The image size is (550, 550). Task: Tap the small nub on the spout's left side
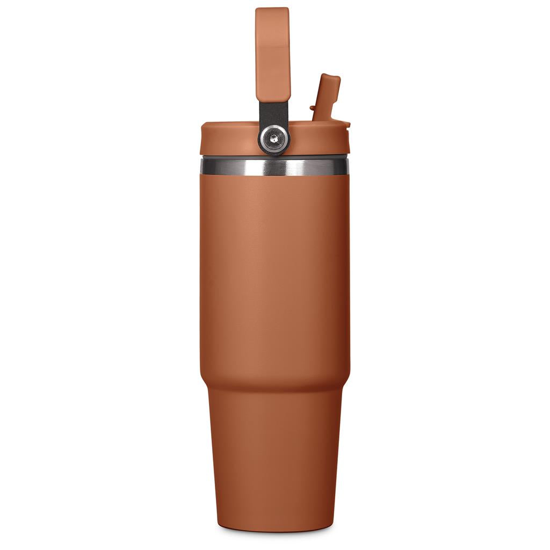(x=313, y=109)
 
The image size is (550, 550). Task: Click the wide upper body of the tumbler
(x=274, y=269)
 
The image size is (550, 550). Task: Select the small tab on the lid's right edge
(x=348, y=125)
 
